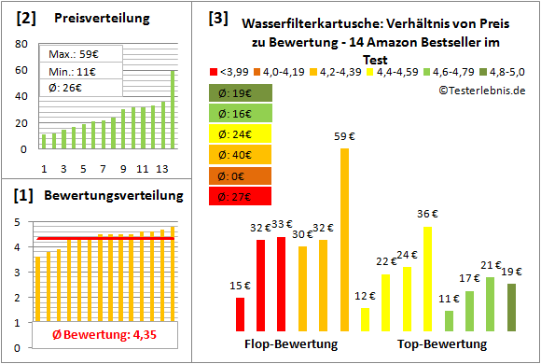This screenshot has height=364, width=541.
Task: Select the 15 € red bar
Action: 241,315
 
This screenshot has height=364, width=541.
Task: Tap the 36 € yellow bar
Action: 427,279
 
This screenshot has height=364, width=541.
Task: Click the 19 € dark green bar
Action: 511,307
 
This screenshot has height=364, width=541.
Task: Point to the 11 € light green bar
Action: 449,320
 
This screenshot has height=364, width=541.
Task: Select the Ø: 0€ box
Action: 241,175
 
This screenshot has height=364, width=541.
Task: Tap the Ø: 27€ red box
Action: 241,196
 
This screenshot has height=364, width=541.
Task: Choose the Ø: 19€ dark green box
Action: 241,93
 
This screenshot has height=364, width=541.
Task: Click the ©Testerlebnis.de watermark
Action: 481,91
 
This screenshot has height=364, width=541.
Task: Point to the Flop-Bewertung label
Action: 290,344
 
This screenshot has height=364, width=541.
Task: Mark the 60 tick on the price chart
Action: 20,70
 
